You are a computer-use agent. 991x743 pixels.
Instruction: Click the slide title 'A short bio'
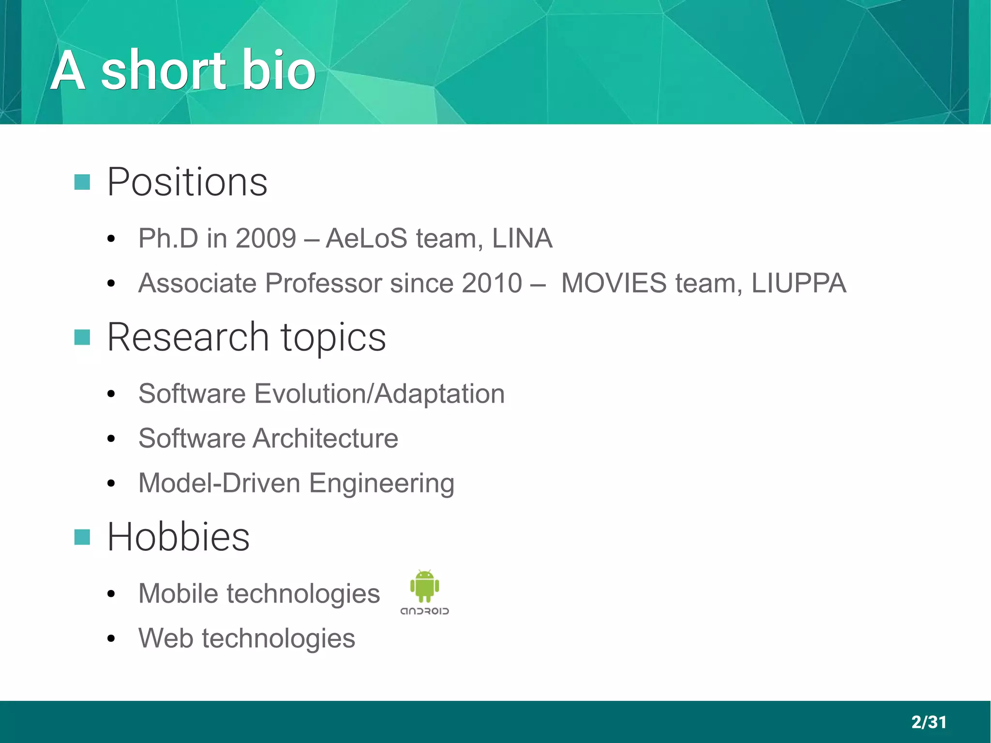pyautogui.click(x=183, y=71)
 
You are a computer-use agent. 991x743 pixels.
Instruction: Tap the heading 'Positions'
pyautogui.click(x=187, y=182)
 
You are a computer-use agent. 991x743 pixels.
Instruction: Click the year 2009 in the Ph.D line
pyautogui.click(x=266, y=238)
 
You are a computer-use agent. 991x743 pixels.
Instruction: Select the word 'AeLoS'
pyautogui.click(x=366, y=238)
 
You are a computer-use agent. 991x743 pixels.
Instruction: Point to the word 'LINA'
pyautogui.click(x=522, y=238)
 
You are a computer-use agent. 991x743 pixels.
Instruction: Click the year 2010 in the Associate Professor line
pyautogui.click(x=492, y=283)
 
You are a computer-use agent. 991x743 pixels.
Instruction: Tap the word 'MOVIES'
pyautogui.click(x=614, y=283)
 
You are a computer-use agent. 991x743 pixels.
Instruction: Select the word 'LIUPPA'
pyautogui.click(x=798, y=283)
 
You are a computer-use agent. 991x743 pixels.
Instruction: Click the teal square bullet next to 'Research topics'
pyautogui.click(x=82, y=337)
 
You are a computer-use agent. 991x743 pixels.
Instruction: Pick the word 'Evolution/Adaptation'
pyautogui.click(x=379, y=394)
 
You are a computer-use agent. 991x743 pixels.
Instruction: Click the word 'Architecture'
pyautogui.click(x=325, y=439)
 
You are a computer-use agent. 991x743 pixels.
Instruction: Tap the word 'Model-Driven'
pyautogui.click(x=219, y=483)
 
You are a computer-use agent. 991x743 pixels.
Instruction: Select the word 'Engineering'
pyautogui.click(x=381, y=483)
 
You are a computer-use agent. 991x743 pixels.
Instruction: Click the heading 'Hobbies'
pyautogui.click(x=178, y=537)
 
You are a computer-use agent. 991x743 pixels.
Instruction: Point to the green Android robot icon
pyautogui.click(x=424, y=586)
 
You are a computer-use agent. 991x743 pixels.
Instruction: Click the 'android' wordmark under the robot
pyautogui.click(x=424, y=611)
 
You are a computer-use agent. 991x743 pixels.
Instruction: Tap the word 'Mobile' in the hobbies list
pyautogui.click(x=178, y=593)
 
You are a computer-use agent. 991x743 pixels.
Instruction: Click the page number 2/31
pyautogui.click(x=929, y=722)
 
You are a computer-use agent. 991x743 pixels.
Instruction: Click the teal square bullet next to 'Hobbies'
pyautogui.click(x=82, y=537)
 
